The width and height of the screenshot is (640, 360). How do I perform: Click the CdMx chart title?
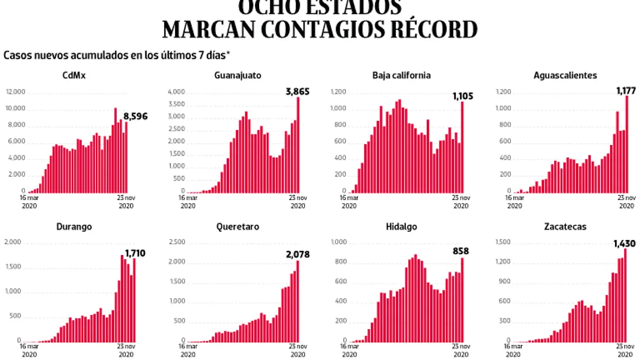pos(75,75)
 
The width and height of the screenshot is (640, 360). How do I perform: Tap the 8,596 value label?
pos(135,116)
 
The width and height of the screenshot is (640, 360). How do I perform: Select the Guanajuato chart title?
pos(238,75)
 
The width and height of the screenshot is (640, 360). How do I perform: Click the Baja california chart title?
pos(401,75)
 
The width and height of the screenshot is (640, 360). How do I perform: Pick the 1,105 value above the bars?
pos(462,96)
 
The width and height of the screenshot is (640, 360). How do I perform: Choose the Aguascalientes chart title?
pos(565,75)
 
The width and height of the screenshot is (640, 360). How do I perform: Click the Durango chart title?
pos(74,227)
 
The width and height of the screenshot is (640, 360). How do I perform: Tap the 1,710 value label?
pos(135,253)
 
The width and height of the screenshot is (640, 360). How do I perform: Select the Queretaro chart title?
pos(238,227)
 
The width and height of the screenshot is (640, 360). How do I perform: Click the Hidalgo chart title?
pos(401,227)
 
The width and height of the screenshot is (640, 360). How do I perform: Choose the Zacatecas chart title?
pos(565,227)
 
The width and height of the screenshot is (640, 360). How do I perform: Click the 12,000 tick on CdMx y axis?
pos(16,92)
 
